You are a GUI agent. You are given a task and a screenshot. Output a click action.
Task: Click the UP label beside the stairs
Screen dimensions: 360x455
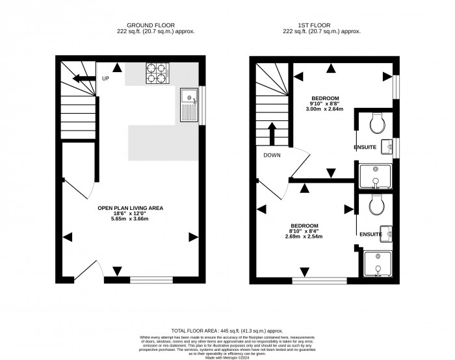(105, 79)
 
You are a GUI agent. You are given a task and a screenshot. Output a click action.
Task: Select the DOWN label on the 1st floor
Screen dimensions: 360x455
(272, 155)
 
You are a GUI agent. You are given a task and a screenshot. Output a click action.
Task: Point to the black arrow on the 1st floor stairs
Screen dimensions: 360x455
(270, 134)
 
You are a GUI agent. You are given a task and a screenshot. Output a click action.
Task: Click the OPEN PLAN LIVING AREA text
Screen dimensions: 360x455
(130, 208)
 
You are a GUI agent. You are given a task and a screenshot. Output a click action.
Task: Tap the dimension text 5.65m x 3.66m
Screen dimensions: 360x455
(130, 220)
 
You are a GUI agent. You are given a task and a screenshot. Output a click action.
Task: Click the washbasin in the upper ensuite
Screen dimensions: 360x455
(388, 146)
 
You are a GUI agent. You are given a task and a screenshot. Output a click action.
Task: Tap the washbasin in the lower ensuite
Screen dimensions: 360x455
(388, 233)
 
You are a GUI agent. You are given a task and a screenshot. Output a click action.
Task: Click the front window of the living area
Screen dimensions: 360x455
(151, 280)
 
